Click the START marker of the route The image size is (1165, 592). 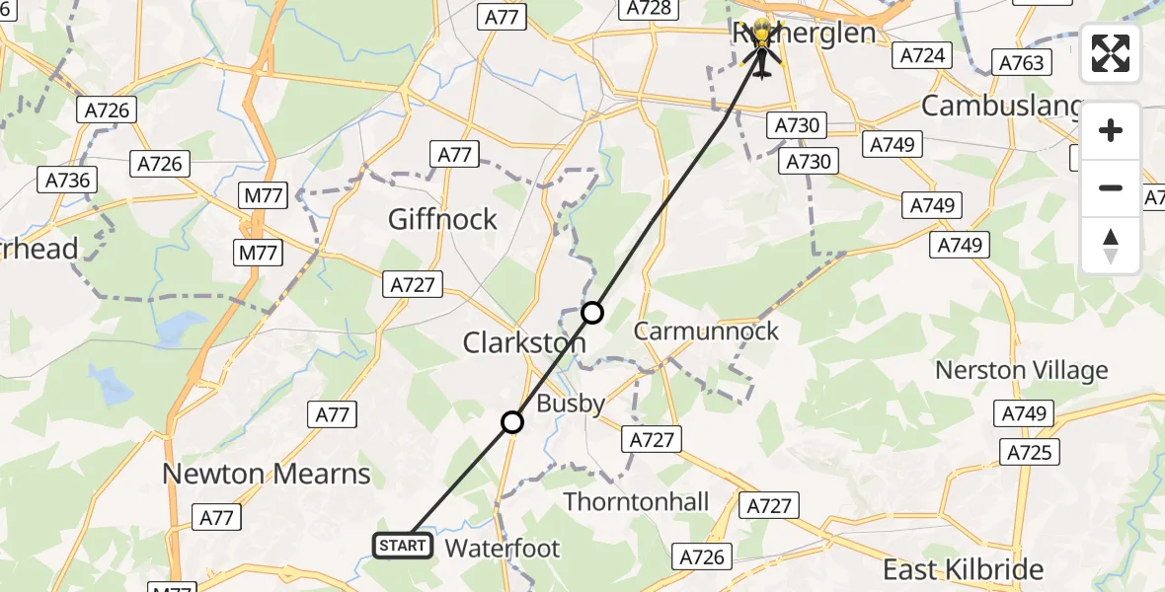[x=403, y=546]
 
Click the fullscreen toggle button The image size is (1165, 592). [x=1111, y=53]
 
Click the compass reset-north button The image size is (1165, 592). [x=1111, y=247]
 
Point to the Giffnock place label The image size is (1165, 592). [x=442, y=219]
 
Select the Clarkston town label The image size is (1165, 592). [x=524, y=343]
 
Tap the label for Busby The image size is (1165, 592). [x=571, y=403]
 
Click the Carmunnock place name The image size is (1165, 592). [x=706, y=332]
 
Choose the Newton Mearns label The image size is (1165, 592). [x=266, y=474]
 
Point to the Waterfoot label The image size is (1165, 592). [x=503, y=549]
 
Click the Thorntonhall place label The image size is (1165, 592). [x=636, y=501]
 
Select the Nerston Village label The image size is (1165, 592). [x=1021, y=371]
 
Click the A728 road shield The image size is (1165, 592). [x=649, y=9]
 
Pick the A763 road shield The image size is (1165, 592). [x=1021, y=63]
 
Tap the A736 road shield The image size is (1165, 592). [x=68, y=181]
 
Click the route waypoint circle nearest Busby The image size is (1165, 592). [x=511, y=422]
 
